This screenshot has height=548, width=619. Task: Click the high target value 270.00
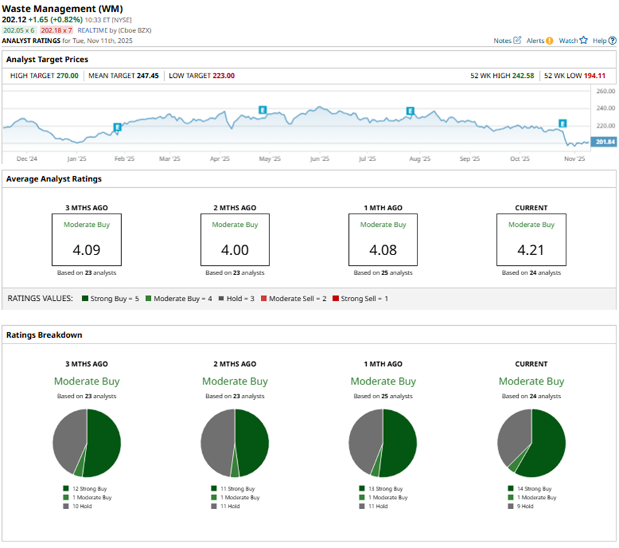(67, 76)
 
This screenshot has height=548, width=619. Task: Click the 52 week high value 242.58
(520, 76)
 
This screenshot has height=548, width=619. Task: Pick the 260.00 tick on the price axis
(605, 91)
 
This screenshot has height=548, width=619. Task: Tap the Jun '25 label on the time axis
(319, 159)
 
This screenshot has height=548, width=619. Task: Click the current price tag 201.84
(605, 142)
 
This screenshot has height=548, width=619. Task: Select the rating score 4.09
(87, 251)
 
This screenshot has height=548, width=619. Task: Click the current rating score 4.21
(531, 251)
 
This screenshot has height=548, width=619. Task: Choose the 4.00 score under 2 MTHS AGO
(235, 251)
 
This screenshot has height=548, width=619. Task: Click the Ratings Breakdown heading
(44, 335)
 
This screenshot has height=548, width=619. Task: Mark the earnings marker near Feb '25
(117, 127)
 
